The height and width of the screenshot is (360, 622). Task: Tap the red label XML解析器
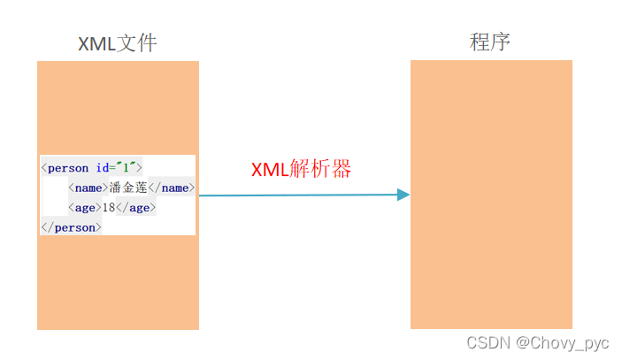point(301,169)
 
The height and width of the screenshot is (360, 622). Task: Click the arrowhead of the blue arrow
point(403,195)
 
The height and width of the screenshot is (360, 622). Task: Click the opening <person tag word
point(66,167)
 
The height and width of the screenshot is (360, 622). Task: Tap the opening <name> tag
point(88,188)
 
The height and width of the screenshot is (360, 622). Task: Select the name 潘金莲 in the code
point(128,188)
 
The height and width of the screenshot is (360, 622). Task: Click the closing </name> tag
point(172,188)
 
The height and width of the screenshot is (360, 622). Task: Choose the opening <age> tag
point(84,207)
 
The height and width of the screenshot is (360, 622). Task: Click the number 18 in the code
point(109,207)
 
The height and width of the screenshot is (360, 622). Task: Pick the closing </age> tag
point(136,207)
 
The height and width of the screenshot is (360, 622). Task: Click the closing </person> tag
point(72,227)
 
